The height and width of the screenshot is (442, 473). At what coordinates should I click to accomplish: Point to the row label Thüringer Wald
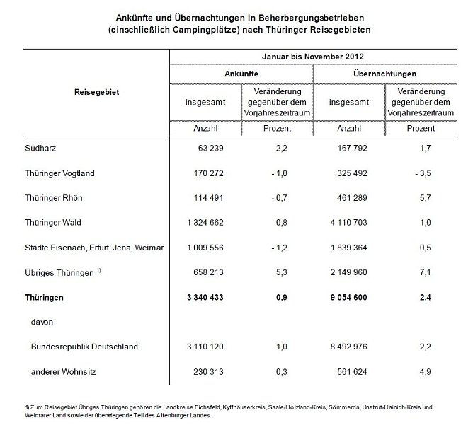point(52,223)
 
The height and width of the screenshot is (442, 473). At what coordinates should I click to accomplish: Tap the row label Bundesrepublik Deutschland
point(84,347)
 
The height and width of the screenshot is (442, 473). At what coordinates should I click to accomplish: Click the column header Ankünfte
point(241,73)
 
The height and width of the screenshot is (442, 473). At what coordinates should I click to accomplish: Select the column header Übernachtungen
point(386,73)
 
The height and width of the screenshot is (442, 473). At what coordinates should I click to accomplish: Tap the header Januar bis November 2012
point(314,57)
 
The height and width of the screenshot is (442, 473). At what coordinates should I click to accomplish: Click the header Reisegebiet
point(96,91)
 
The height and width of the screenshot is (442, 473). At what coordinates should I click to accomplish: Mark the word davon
point(42,322)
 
